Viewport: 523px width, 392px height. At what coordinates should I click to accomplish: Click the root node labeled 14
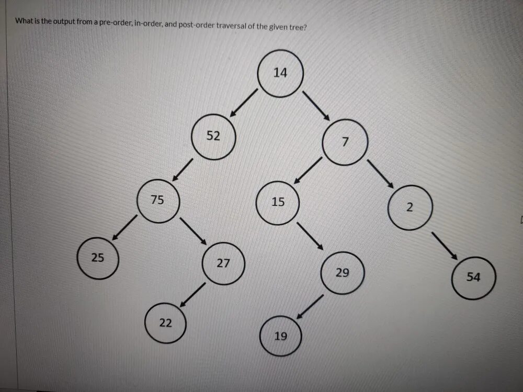[280, 74]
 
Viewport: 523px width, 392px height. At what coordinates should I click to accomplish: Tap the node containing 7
[345, 143]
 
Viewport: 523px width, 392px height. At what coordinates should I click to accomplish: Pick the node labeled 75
[157, 201]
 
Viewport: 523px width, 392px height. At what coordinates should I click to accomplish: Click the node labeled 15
[278, 203]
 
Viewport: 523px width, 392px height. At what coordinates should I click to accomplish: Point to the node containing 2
[410, 207]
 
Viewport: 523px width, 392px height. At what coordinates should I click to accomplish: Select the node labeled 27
[223, 263]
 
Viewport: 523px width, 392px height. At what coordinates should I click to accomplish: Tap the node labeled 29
[342, 273]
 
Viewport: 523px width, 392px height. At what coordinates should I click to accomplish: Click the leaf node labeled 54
[473, 278]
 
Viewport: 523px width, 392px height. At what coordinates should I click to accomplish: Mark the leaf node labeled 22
[165, 324]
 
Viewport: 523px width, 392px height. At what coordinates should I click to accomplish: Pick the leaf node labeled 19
[281, 336]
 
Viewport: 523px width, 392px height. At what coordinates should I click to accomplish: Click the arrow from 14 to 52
[244, 102]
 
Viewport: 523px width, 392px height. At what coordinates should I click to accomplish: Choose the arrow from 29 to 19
[311, 307]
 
